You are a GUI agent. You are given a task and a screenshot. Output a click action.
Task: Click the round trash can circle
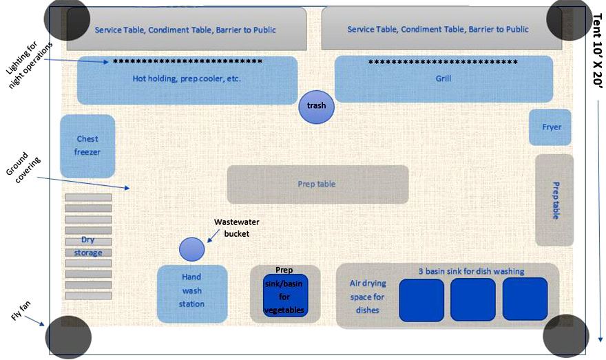pyautogui.click(x=316, y=107)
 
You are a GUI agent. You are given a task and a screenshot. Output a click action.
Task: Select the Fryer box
pyautogui.click(x=550, y=127)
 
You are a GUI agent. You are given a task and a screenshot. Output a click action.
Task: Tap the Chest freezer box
pyautogui.click(x=87, y=146)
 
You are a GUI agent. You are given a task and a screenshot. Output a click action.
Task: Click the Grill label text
pyautogui.click(x=443, y=78)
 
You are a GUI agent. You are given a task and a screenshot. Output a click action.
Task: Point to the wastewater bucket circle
pyautogui.click(x=191, y=249)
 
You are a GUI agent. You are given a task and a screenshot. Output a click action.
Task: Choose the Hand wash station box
pyautogui.click(x=192, y=294)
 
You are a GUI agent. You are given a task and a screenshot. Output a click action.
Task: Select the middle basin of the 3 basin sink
pyautogui.click(x=473, y=299)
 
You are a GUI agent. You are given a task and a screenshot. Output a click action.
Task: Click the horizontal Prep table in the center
pyautogui.click(x=317, y=184)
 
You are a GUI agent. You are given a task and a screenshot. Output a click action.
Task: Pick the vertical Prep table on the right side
pyautogui.click(x=554, y=200)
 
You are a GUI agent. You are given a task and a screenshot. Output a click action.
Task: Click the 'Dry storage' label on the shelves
pyautogui.click(x=87, y=246)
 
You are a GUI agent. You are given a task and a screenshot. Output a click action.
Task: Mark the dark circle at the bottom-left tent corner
pyautogui.click(x=67, y=337)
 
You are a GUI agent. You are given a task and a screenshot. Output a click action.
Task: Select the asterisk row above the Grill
pyautogui.click(x=443, y=62)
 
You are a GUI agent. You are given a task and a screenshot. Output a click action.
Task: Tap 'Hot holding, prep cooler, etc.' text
pyautogui.click(x=187, y=78)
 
